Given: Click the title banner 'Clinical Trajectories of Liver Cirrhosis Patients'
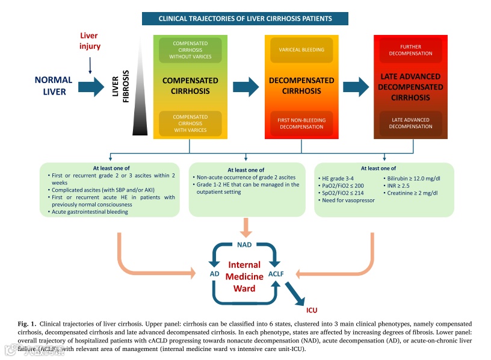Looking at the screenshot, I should coord(245,19).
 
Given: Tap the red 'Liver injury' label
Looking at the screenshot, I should coord(90,41).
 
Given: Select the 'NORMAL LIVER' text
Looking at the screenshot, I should coord(54,85).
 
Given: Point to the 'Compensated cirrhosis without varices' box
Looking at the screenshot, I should coord(190,50).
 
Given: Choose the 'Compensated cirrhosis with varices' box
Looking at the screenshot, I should coord(190,123).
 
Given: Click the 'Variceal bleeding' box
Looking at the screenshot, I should coord(301,50).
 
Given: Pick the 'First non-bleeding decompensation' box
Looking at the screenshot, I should coord(301,123).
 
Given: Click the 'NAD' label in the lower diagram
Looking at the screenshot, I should coord(244,244).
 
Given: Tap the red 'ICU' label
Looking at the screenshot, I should coord(311,310).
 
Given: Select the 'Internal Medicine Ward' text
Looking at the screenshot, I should coord(244,276).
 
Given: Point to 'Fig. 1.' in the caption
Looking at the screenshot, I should coord(28,324).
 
